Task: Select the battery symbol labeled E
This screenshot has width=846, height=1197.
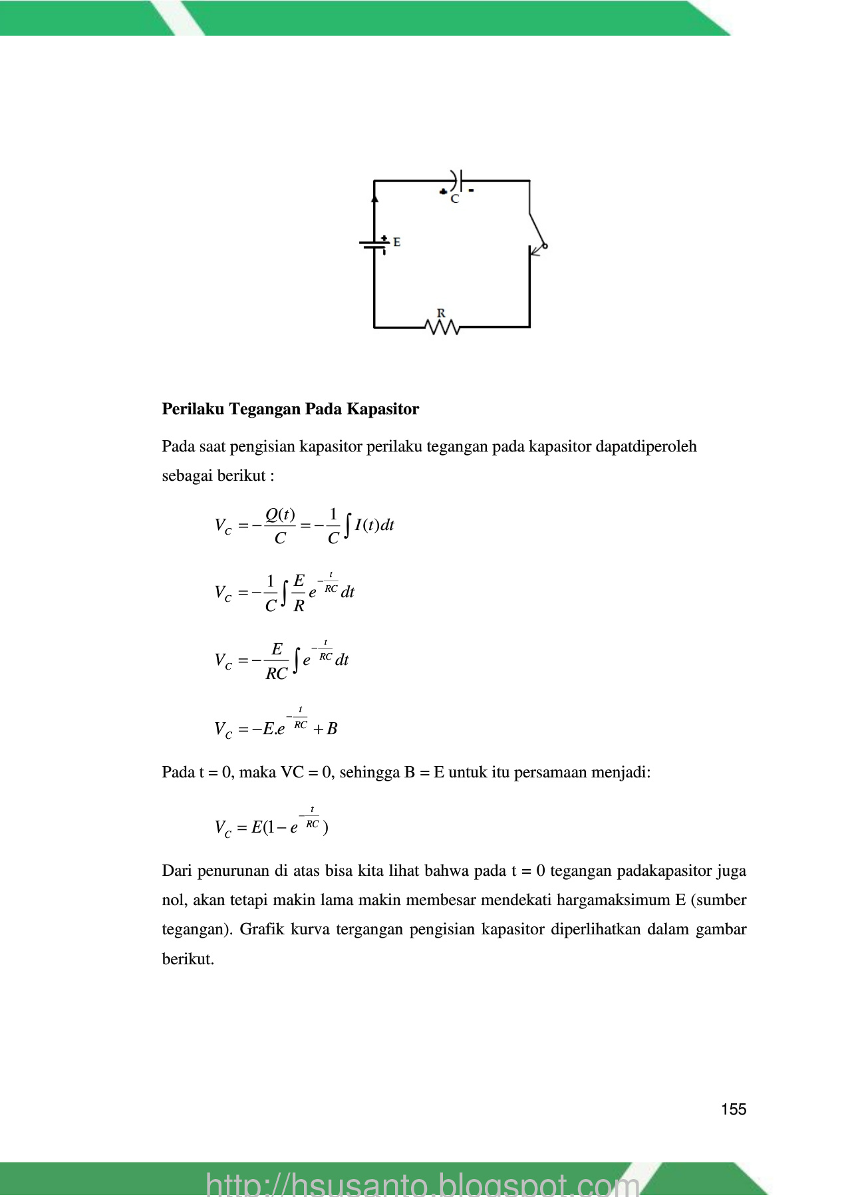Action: (374, 244)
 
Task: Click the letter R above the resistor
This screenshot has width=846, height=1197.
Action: (441, 313)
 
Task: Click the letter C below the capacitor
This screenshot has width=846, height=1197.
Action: (455, 199)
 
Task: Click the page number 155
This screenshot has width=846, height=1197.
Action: (733, 1109)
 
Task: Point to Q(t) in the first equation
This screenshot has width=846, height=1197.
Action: (280, 515)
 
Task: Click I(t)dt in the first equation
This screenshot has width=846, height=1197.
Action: (374, 525)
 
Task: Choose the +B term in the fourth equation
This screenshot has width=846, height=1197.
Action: (325, 729)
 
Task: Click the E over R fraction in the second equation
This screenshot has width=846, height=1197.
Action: (299, 593)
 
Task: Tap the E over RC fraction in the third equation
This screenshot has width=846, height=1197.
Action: (277, 661)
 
